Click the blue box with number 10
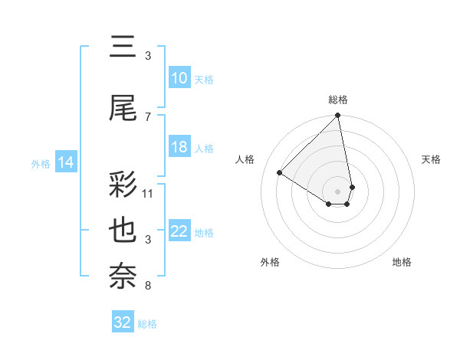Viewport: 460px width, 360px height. click(179, 77)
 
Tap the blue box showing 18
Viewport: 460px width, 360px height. click(179, 147)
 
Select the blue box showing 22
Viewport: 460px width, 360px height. click(179, 231)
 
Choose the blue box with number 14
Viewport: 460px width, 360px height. click(66, 162)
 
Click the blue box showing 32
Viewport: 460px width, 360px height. click(123, 322)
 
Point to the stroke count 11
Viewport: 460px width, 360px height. click(148, 193)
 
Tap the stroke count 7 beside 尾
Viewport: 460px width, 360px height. click(148, 116)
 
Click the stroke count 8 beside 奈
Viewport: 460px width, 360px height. click(148, 286)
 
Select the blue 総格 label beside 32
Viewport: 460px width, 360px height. click(148, 324)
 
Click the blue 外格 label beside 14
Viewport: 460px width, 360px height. click(41, 163)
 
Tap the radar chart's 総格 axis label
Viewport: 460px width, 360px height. click(338, 99)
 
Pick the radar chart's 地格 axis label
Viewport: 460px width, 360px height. click(402, 262)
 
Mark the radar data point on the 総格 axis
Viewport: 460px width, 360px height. click(338, 116)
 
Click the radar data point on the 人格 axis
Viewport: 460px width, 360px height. click(280, 172)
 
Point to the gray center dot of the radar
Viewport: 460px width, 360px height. click(338, 191)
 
